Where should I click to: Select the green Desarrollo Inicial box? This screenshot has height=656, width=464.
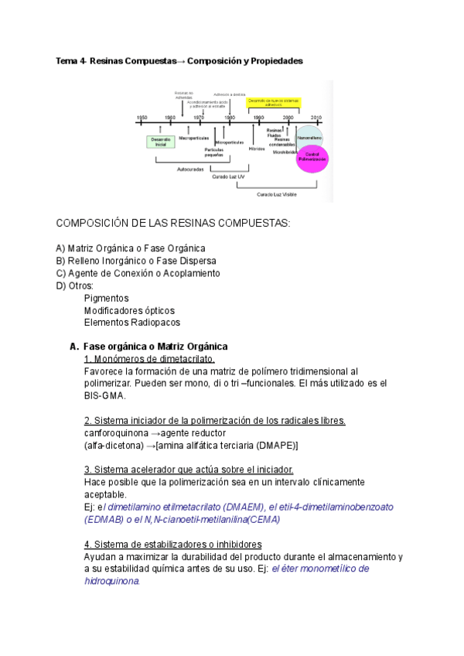tap(160, 142)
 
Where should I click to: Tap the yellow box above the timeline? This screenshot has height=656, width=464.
tap(274, 101)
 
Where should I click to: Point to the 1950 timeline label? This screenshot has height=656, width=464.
tap(142, 118)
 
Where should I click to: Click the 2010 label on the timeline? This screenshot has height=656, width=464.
tap(316, 118)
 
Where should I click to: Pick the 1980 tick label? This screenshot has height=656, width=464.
tap(230, 118)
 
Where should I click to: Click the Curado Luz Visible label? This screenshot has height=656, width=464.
tap(277, 194)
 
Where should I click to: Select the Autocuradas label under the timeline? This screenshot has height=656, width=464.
tap(189, 169)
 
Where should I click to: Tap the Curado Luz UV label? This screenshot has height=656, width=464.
tap(229, 177)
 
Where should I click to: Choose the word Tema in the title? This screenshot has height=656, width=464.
tap(66, 60)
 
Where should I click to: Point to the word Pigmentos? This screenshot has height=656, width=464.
tap(106, 298)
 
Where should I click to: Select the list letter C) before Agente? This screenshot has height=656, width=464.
tap(61, 273)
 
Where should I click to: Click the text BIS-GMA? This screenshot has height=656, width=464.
tap(104, 395)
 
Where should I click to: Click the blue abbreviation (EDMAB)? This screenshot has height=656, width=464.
tap(104, 520)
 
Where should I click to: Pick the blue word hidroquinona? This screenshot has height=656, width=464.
tap(111, 580)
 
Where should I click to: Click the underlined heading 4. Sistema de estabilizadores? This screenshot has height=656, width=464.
tap(172, 544)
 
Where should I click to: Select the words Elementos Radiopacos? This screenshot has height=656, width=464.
tap(131, 323)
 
